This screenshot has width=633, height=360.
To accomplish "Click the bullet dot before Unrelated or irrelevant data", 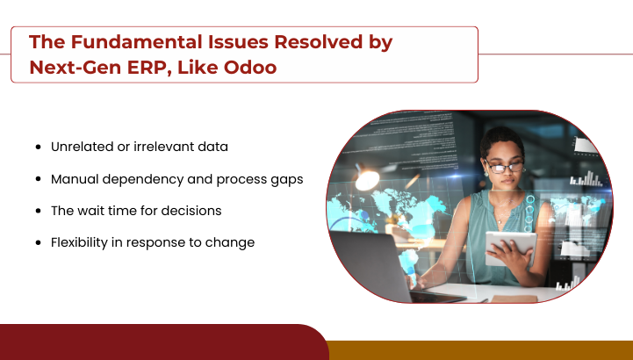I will coord(39,147).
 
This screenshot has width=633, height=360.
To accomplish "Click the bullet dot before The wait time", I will coord(39,211).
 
